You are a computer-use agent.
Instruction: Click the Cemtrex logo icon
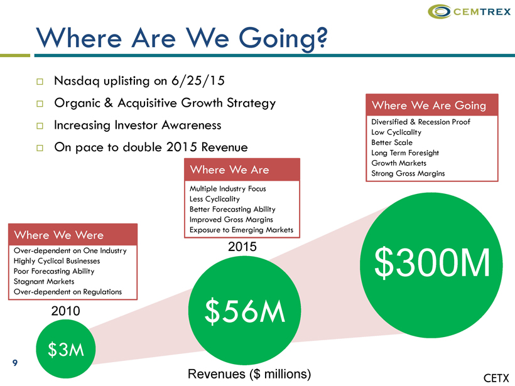(x=440, y=11)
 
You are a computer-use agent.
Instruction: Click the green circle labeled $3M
(x=66, y=348)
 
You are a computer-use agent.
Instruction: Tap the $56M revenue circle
(x=244, y=311)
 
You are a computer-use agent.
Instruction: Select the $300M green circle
(x=431, y=265)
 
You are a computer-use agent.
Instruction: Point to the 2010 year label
(x=66, y=311)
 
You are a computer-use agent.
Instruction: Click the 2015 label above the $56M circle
(x=242, y=247)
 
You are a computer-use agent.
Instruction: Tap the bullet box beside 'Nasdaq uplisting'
(x=40, y=82)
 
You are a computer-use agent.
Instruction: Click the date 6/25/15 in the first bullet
(x=198, y=80)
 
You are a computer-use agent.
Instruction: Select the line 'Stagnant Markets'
(x=44, y=281)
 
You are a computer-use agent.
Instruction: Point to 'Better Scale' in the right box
(x=392, y=142)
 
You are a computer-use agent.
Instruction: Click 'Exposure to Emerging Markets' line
(x=241, y=230)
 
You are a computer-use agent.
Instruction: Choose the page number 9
(x=15, y=363)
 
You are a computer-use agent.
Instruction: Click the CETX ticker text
(x=496, y=378)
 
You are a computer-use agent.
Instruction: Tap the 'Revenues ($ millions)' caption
(x=249, y=374)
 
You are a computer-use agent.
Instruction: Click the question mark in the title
(x=322, y=38)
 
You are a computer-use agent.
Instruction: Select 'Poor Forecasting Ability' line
(x=54, y=271)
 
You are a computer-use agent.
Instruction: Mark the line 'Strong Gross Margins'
(x=408, y=173)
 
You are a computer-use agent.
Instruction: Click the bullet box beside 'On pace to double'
(x=40, y=148)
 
